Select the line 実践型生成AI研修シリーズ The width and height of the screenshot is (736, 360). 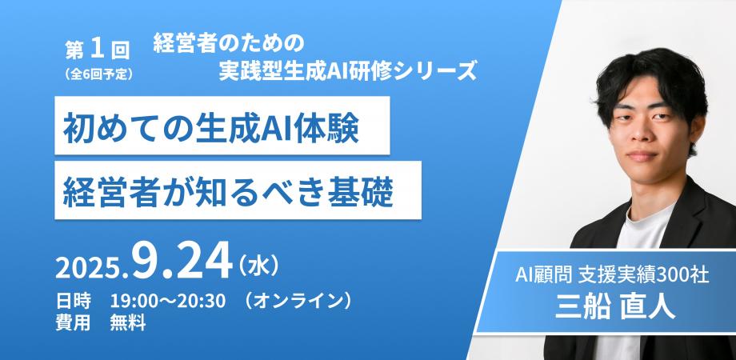pyautogui.click(x=347, y=72)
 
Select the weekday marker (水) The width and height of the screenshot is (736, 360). pyautogui.click(x=258, y=264)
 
